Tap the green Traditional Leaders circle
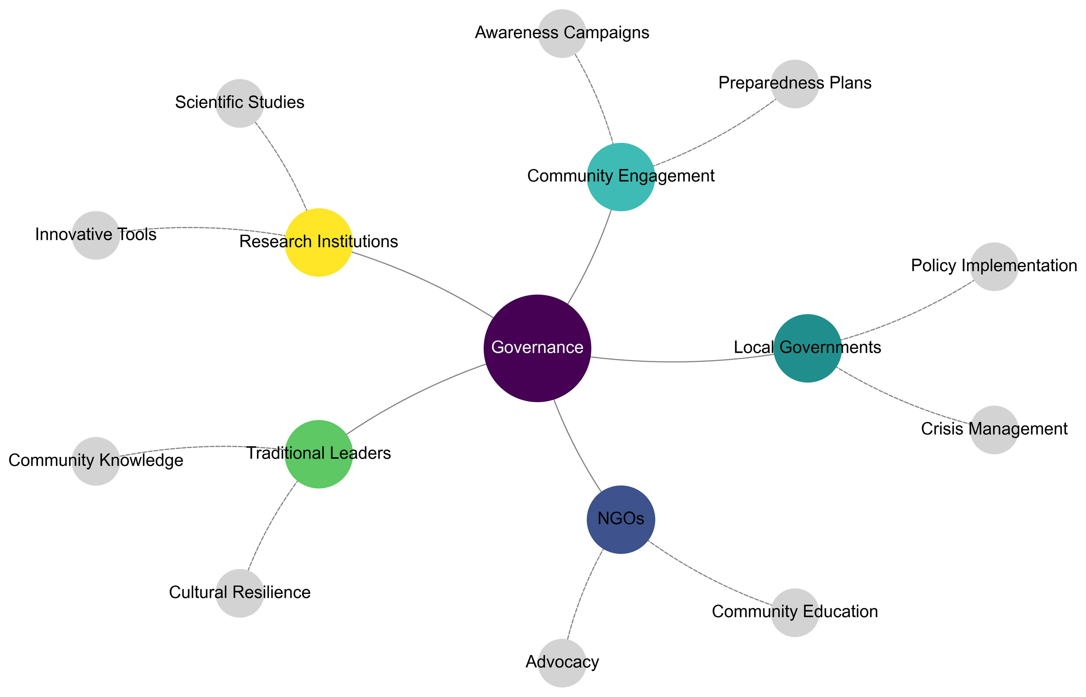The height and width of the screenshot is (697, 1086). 319,454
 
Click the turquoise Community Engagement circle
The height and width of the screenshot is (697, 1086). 621,177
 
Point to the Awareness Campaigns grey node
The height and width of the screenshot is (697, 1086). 562,34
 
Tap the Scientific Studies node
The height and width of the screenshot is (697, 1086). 239,103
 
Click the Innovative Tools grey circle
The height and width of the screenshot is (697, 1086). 96,235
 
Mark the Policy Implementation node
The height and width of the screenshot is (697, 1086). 994,267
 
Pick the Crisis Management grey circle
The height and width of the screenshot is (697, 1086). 994,430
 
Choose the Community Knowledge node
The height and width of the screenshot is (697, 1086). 96,461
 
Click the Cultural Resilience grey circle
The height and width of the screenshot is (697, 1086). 239,593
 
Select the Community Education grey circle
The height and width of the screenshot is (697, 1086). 794,612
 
